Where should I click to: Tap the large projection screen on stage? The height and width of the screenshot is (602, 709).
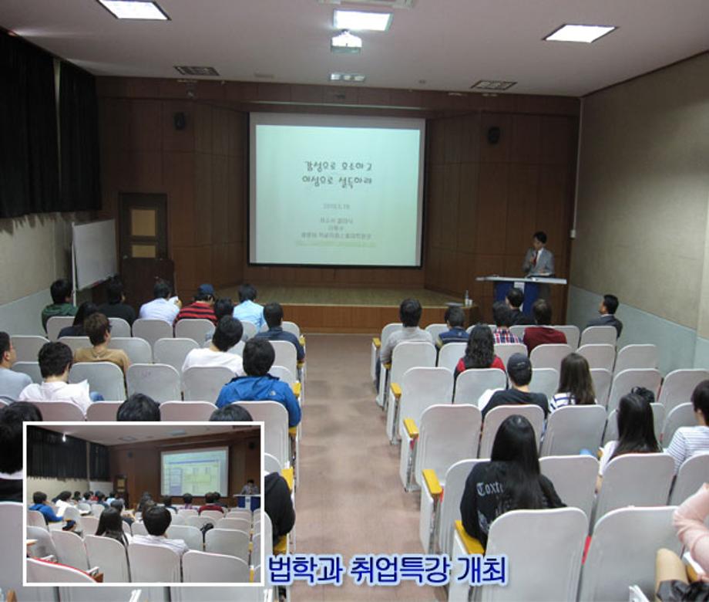(336, 191)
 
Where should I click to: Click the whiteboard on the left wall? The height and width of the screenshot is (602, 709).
(93, 254)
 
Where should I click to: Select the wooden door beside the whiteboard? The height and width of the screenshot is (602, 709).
(143, 239)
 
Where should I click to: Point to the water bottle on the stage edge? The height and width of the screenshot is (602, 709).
(467, 297)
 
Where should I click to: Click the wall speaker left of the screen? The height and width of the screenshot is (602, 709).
(180, 121)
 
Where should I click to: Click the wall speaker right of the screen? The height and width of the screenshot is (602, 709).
(493, 135)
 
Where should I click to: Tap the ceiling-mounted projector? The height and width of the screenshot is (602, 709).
(346, 42)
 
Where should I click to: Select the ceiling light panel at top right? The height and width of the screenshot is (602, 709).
(580, 33)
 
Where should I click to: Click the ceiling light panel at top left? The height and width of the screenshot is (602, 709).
(133, 9)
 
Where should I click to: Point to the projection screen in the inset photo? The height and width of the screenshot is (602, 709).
(194, 472)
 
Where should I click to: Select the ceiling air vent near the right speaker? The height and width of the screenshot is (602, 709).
(492, 85)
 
